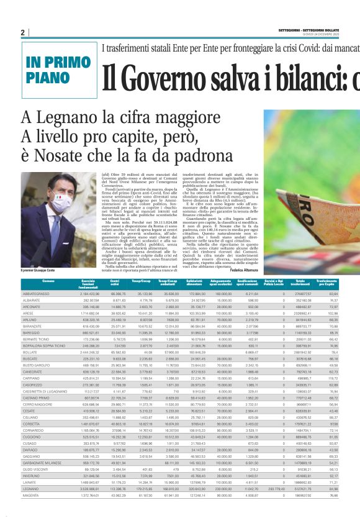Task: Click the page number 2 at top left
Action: [22, 32]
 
